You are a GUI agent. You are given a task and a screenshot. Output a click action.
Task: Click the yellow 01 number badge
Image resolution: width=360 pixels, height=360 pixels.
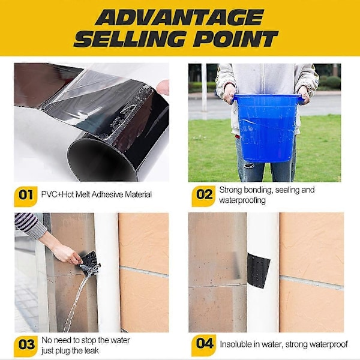click(x=26, y=196)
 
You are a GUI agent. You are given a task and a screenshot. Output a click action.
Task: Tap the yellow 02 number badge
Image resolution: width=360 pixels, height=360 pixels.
click(x=204, y=196)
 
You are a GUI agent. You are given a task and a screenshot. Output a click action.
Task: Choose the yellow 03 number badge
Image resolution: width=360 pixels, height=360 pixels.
click(x=26, y=346)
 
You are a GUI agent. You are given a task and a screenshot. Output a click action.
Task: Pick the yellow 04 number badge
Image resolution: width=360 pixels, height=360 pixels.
click(x=204, y=344)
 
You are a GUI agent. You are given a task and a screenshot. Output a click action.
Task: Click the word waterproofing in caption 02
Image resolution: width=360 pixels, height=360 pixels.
click(x=242, y=200)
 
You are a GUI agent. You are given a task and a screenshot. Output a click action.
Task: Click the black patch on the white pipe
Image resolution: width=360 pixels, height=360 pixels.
click(x=257, y=270)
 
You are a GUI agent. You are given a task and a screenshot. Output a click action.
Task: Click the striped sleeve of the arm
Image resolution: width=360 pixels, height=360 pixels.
click(x=30, y=226)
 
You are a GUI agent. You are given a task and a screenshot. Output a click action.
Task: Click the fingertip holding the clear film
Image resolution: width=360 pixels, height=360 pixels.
click(x=163, y=87)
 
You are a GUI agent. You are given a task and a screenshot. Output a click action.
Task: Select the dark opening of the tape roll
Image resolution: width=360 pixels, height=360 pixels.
click(x=101, y=161)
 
